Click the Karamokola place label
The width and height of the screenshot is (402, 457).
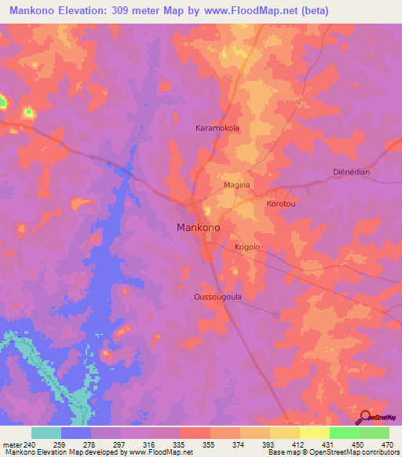pos(217,127)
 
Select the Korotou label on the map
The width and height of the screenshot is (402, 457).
pos(280,203)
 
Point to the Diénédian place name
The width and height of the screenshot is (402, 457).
pos(351,172)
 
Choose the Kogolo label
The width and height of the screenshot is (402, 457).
pos(247,247)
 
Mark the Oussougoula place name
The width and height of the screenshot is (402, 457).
pos(217,297)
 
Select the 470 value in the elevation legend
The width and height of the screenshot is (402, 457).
pos(386,445)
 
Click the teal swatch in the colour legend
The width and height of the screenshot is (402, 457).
pos(46,433)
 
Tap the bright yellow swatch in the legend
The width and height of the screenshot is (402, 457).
pos(314,433)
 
